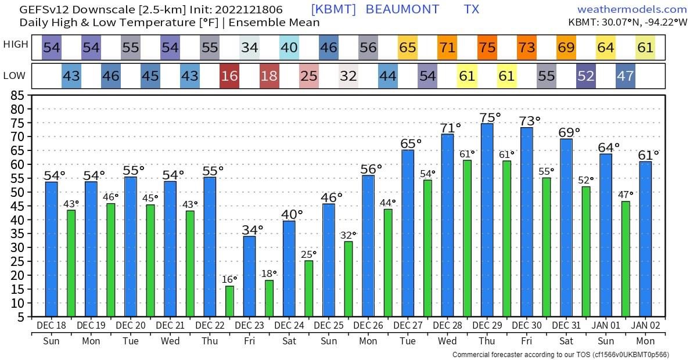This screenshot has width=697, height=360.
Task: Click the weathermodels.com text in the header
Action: (x=632, y=9)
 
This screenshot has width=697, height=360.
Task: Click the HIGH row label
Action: (x=16, y=45)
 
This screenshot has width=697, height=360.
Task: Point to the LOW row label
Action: (x=14, y=76)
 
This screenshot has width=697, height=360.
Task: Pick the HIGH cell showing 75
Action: (x=487, y=48)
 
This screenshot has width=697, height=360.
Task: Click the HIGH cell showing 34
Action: (x=249, y=48)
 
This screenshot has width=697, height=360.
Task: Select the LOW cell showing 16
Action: (x=229, y=76)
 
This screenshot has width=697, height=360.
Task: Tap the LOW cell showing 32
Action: (x=348, y=76)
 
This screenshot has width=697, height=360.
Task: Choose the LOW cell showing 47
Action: (x=625, y=76)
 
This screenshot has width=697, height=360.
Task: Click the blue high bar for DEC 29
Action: (x=487, y=221)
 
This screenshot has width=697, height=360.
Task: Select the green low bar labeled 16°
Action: (x=229, y=301)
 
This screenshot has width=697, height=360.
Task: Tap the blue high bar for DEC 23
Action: (x=249, y=276)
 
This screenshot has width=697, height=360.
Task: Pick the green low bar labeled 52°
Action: (x=586, y=251)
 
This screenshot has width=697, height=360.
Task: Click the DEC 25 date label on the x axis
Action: (x=328, y=326)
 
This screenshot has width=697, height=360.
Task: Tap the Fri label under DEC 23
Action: (x=249, y=341)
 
